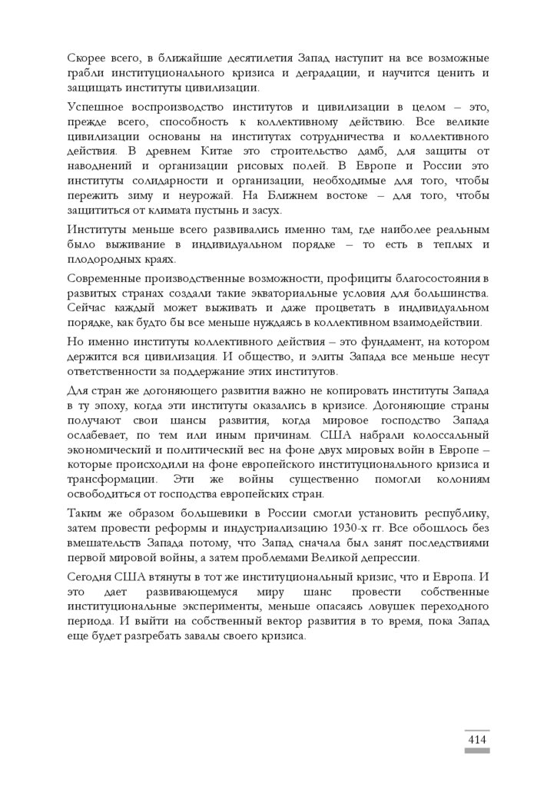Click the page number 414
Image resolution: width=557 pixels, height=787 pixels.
pos(477,739)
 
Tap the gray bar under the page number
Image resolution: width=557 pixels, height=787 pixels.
pos(477,751)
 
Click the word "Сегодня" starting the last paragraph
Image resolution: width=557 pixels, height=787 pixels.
pos(91,577)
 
